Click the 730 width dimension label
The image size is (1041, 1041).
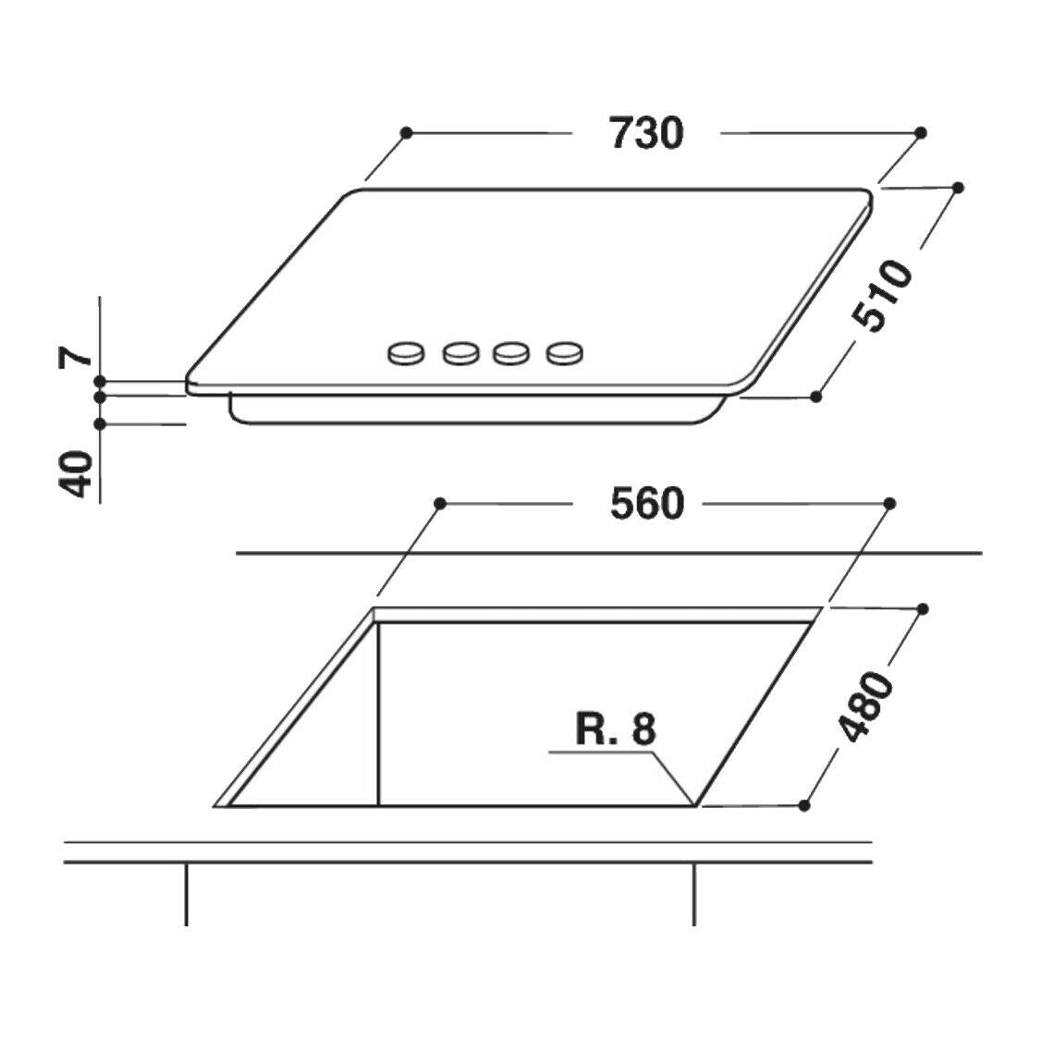point(646,133)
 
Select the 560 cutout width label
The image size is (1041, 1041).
point(646,504)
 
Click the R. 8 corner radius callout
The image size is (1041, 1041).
point(615,729)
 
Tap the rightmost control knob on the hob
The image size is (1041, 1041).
point(565,352)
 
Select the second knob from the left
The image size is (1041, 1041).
point(459,352)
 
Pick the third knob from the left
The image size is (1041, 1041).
point(510,352)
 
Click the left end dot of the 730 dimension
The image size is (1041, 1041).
point(406,133)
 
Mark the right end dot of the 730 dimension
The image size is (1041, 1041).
point(920,134)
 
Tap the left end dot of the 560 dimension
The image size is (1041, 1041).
point(440,504)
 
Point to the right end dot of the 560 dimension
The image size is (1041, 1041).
point(889,503)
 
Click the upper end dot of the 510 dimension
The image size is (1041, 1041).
point(958,188)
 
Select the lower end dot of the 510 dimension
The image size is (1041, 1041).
point(815,397)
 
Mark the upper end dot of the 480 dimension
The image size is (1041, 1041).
point(923,609)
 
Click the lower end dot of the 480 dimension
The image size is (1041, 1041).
point(804,806)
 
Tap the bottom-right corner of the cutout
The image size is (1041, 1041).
point(694,805)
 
